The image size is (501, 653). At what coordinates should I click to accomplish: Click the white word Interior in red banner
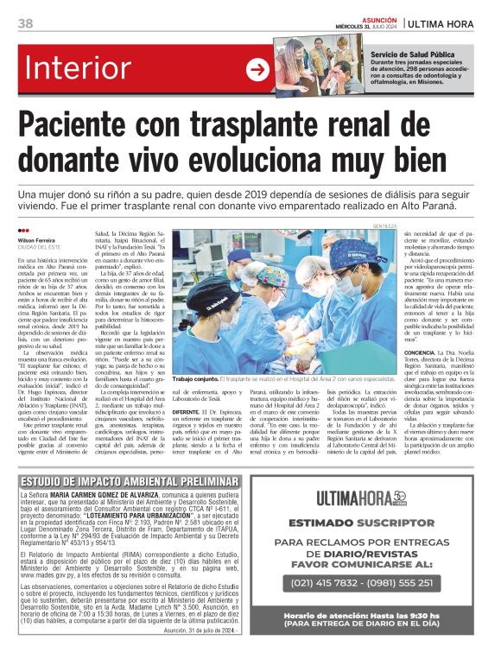pyautogui.click(x=92, y=67)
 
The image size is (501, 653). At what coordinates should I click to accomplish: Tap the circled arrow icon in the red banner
pyautogui.click(x=257, y=69)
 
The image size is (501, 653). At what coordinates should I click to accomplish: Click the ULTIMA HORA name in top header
pyautogui.click(x=449, y=23)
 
